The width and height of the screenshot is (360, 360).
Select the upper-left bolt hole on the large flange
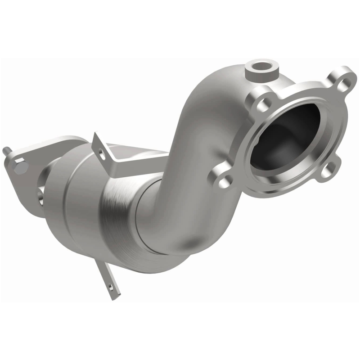click(x=265, y=102)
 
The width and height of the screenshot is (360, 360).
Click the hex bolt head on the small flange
click(x=20, y=167)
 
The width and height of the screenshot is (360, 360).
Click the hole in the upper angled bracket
click(x=102, y=153)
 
